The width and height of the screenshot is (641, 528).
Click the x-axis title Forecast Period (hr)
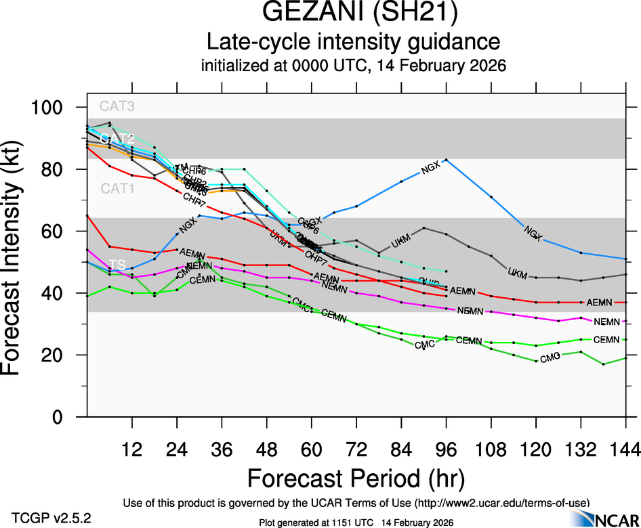pos(355,479)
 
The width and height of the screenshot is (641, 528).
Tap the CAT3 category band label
pos(117,106)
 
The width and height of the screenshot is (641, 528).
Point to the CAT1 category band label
pos(117,189)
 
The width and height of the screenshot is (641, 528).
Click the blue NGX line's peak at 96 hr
pos(446,159)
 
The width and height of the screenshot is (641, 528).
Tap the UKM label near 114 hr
pos(517,273)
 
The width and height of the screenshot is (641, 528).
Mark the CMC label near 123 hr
pos(550,357)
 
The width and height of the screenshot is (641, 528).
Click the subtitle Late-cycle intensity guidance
pos(354,42)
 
